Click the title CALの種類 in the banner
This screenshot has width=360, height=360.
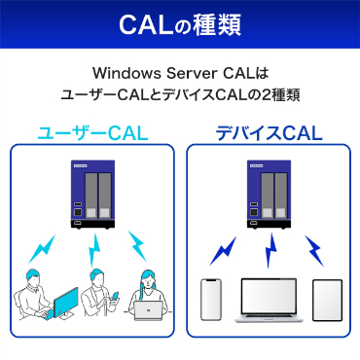[x=180, y=23]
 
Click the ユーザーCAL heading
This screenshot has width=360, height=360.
[x=91, y=131]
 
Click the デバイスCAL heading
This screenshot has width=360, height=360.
[x=268, y=131]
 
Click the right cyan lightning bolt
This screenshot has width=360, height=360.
[x=140, y=244]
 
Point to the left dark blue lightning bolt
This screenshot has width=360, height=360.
[x=223, y=250]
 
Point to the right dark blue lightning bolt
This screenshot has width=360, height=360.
[x=313, y=250]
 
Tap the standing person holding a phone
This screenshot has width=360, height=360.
[x=98, y=297]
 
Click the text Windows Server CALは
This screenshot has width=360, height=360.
[x=180, y=74]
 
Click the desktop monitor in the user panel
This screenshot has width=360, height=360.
[x=61, y=303]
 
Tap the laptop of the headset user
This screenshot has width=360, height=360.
[x=150, y=312]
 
